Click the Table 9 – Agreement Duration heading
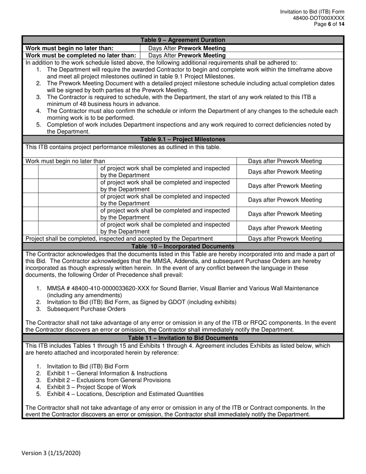point(183,40)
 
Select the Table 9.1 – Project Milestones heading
point(183,140)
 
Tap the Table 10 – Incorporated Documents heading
point(183,246)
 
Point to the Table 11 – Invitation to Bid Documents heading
point(183,338)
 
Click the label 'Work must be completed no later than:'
point(80,55)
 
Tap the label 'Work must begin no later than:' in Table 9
point(69,48)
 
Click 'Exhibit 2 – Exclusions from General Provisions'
point(109,380)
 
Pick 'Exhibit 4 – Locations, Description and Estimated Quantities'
point(125,394)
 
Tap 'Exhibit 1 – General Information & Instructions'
point(107,373)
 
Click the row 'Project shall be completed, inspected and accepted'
point(119,239)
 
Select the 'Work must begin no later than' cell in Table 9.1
point(65,161)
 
